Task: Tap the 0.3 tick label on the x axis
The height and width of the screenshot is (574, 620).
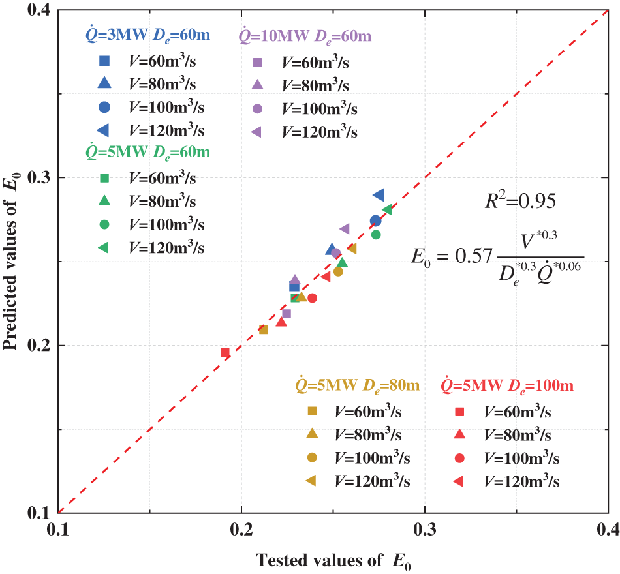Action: [x=425, y=528]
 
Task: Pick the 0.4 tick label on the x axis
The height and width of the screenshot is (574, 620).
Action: [x=607, y=528]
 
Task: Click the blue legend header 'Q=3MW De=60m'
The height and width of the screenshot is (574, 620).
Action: [x=148, y=35]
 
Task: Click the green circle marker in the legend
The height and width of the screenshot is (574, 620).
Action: [x=104, y=224]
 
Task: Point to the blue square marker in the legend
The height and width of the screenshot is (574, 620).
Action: [x=104, y=61]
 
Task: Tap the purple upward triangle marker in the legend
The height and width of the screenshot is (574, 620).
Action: [x=257, y=84]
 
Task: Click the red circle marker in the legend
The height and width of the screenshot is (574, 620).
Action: [x=459, y=458]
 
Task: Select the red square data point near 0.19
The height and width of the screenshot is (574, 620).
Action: [x=225, y=352]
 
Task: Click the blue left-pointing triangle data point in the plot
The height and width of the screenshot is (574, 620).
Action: [x=379, y=195]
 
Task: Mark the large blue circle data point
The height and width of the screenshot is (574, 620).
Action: [x=375, y=221]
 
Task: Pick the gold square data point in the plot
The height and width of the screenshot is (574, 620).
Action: [x=264, y=329]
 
